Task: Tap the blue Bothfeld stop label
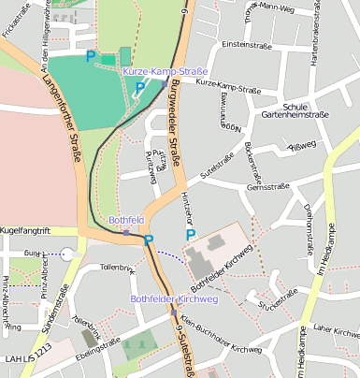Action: pyautogui.click(x=126, y=220)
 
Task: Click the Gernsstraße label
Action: pyautogui.click(x=266, y=187)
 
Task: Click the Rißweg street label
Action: pyautogui.click(x=304, y=145)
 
